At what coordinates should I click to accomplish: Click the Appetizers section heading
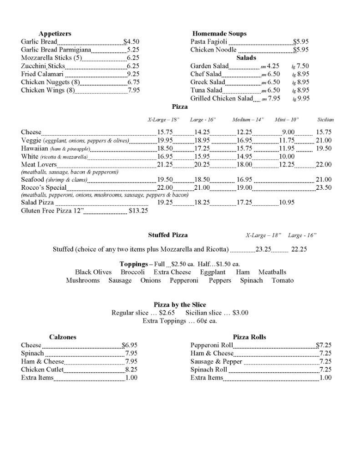(x=55, y=34)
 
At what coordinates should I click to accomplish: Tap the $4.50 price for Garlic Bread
(x=131, y=42)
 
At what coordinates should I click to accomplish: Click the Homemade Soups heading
(x=219, y=34)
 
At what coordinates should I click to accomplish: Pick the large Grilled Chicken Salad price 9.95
(x=303, y=99)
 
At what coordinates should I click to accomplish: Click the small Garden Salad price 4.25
(x=273, y=66)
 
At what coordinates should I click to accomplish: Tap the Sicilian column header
(x=325, y=120)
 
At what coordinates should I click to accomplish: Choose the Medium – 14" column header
(x=248, y=120)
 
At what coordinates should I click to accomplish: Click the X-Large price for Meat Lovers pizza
(x=165, y=165)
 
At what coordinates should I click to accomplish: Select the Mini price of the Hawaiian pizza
(x=287, y=149)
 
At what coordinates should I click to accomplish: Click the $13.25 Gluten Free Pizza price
(x=138, y=211)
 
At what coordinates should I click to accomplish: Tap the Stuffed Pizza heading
(x=167, y=235)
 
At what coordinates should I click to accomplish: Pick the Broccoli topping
(x=132, y=272)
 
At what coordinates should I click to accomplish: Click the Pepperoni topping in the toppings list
(x=184, y=280)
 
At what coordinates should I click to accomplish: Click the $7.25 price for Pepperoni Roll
(x=324, y=345)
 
